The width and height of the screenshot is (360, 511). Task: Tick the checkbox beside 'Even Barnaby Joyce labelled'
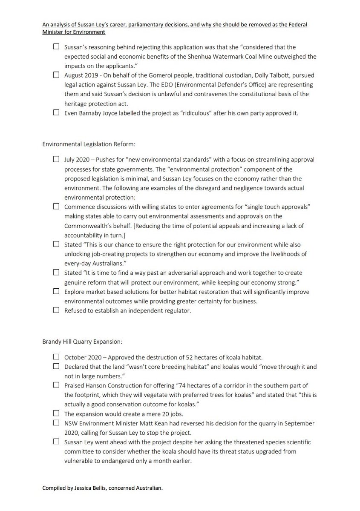(x=56, y=112)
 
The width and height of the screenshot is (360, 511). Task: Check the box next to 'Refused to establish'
(x=56, y=310)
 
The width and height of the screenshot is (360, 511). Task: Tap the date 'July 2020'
(x=77, y=159)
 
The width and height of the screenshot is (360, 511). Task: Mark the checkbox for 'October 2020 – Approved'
(x=56, y=356)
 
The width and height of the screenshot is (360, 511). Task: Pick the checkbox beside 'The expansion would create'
(x=56, y=413)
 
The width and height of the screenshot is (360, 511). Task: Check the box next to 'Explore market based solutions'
(x=56, y=291)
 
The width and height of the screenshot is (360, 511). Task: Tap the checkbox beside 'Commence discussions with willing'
(x=56, y=206)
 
